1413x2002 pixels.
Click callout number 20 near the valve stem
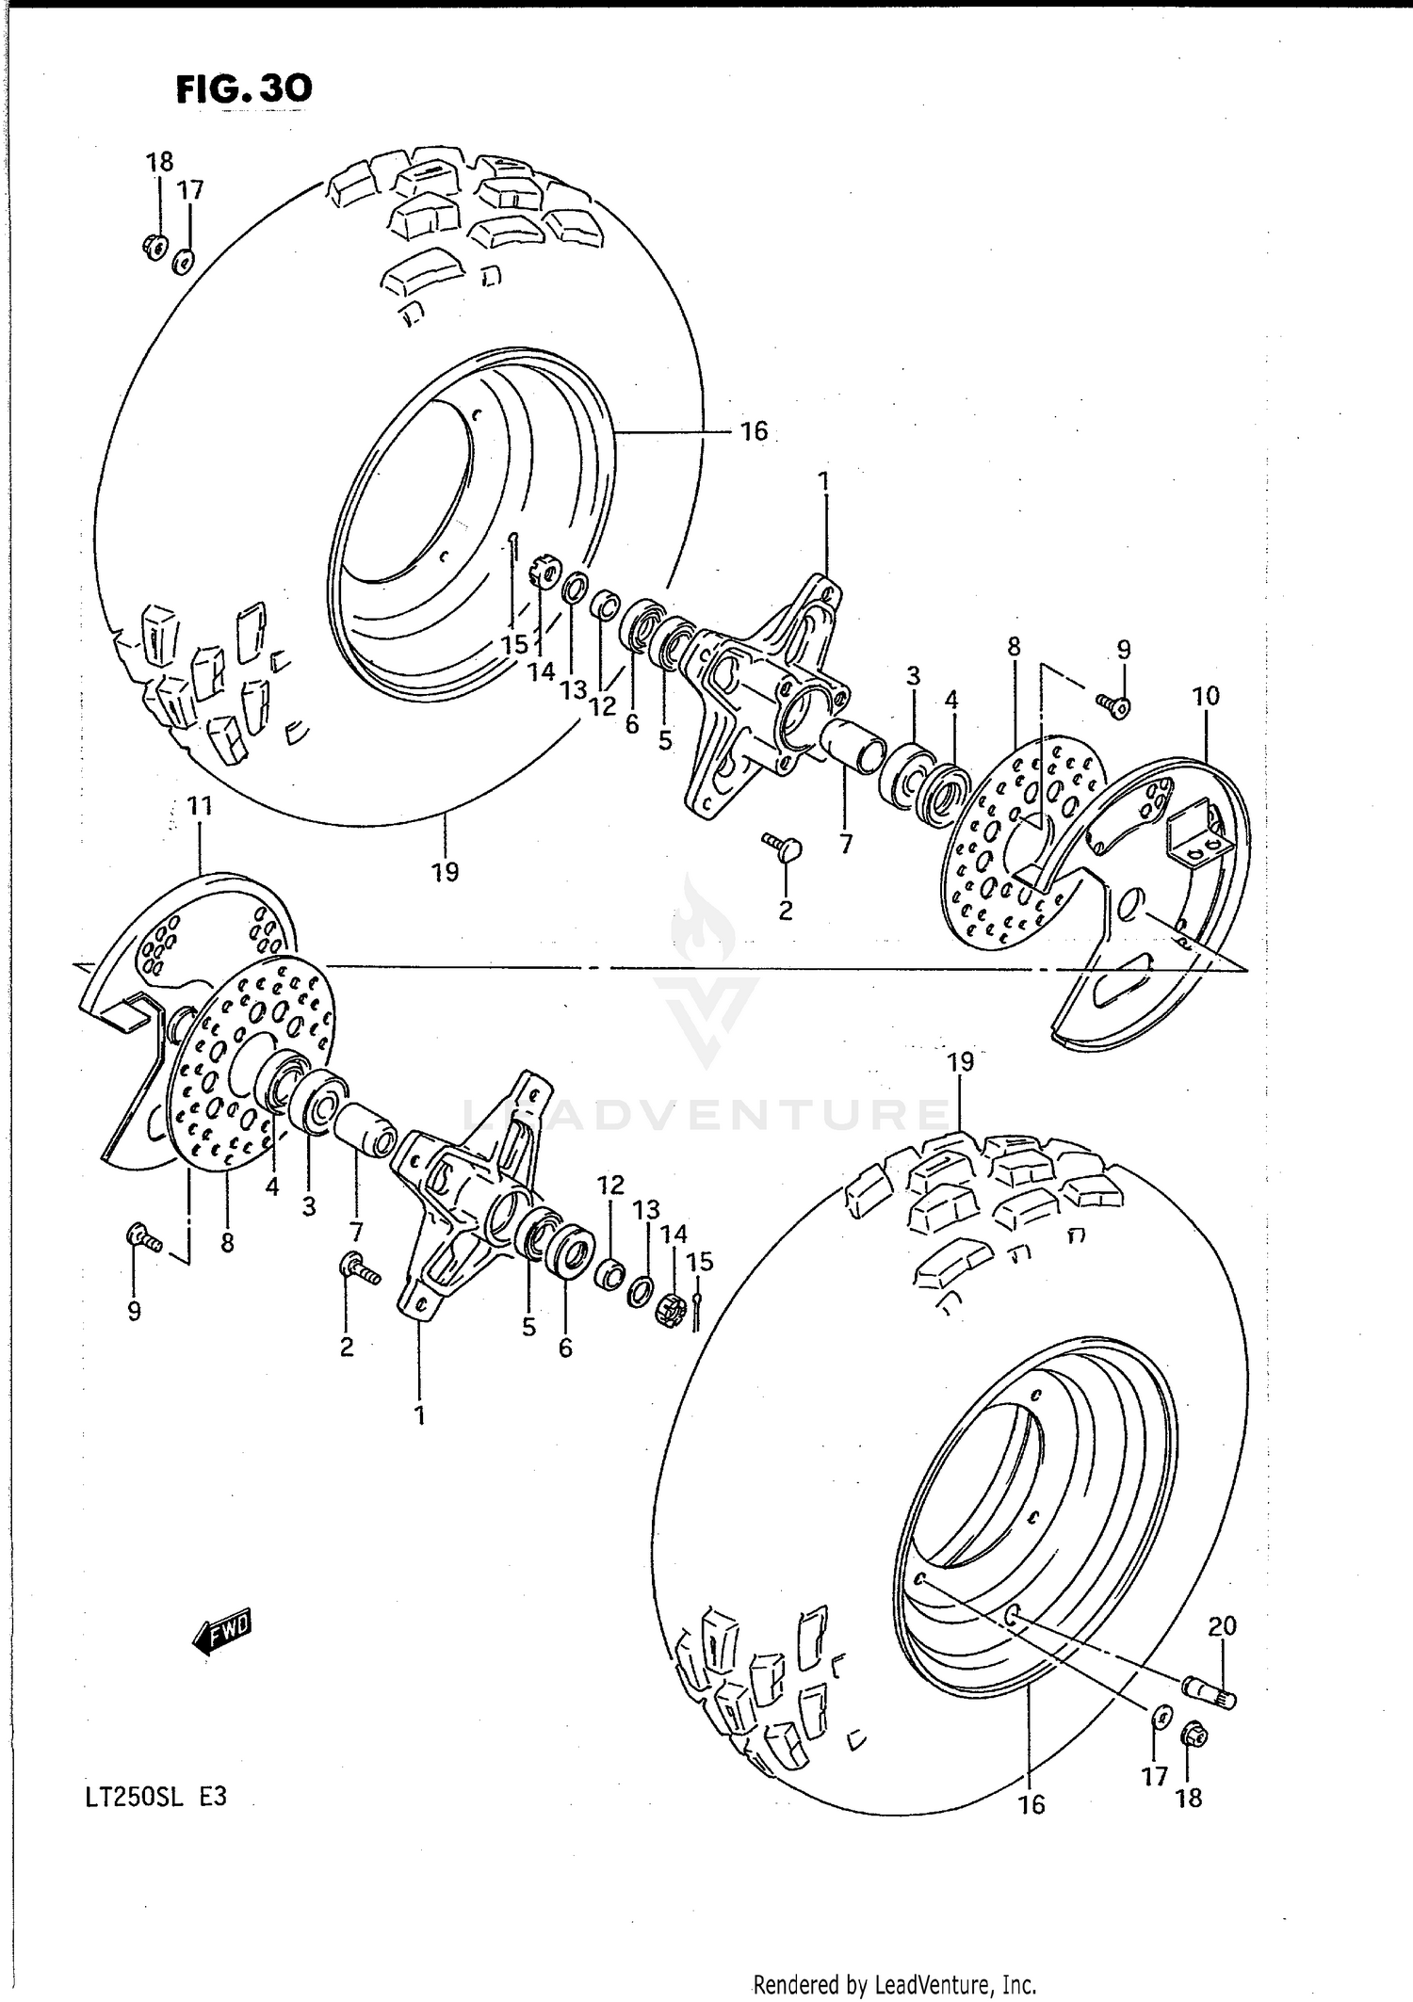pyautogui.click(x=1222, y=1626)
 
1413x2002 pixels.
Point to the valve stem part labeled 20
pyautogui.click(x=1209, y=1693)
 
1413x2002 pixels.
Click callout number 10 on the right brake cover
pyautogui.click(x=1205, y=696)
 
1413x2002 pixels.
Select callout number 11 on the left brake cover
pyautogui.click(x=200, y=806)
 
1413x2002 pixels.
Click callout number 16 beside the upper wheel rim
pyautogui.click(x=754, y=431)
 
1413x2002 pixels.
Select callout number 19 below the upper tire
pyautogui.click(x=445, y=872)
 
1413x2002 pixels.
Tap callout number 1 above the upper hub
pyautogui.click(x=823, y=482)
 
